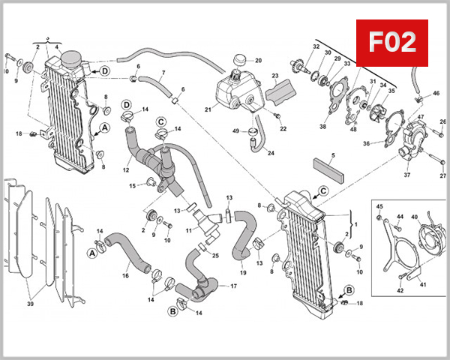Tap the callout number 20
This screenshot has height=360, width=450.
258,60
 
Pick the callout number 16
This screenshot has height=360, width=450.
126,276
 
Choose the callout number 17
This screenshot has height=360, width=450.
234,286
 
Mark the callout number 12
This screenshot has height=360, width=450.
127,169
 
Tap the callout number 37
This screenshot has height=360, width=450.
407,175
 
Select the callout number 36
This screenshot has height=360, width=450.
366,144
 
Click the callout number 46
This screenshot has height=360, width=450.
436,94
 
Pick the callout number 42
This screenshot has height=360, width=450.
400,289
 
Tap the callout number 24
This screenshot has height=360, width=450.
271,154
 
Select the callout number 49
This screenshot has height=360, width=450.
235,131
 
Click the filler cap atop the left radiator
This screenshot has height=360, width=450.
72,57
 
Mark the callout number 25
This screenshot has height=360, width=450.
215,256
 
